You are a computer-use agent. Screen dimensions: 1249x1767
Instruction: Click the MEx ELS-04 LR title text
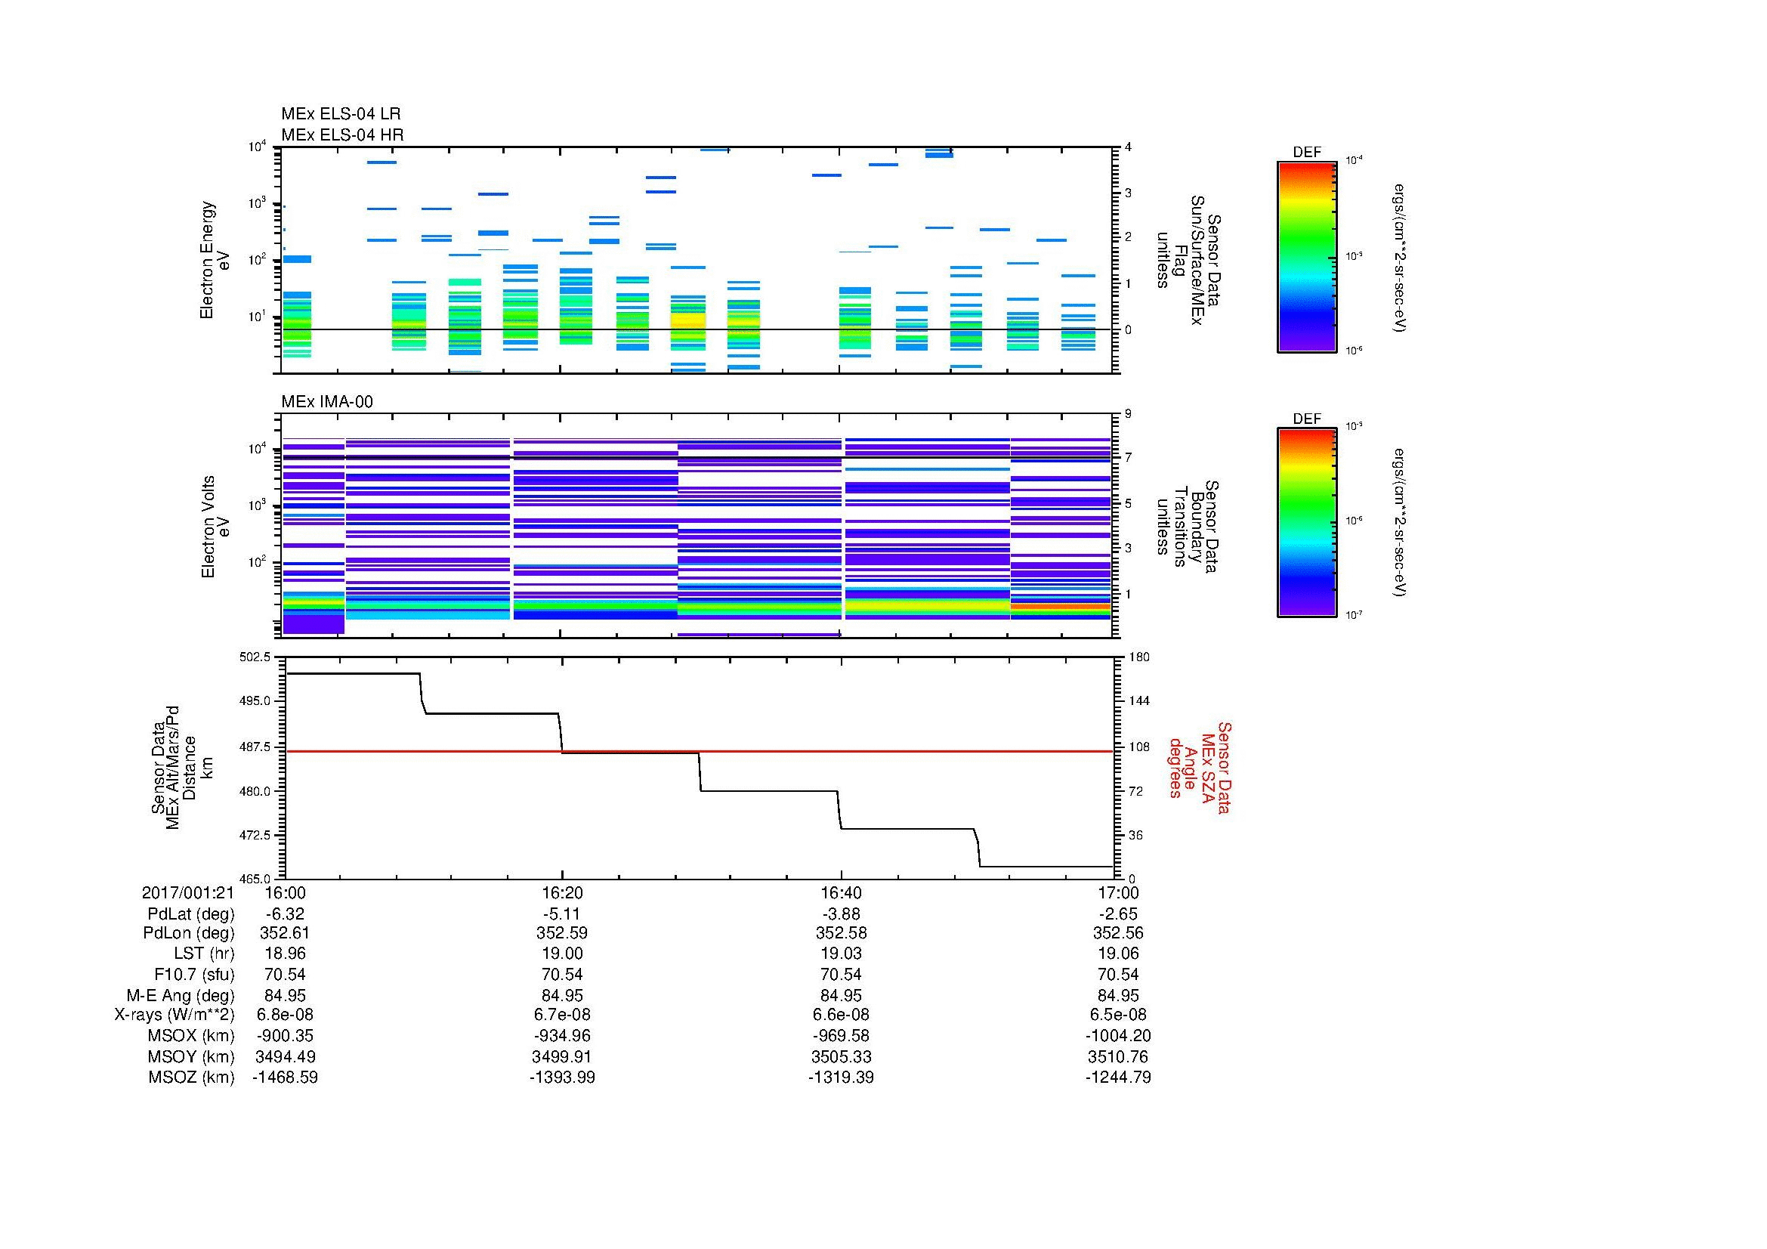(340, 114)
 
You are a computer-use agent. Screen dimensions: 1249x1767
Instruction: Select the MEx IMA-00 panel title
(327, 402)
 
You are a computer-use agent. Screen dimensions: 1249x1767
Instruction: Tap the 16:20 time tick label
(562, 892)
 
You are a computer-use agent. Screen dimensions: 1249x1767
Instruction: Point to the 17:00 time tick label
(1118, 892)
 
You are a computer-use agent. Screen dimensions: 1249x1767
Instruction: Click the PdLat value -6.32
(285, 914)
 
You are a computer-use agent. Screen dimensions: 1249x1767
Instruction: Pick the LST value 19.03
(840, 954)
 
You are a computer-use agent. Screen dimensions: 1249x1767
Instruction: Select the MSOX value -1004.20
(1118, 1036)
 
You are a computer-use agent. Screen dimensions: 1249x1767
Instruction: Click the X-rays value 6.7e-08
(562, 1015)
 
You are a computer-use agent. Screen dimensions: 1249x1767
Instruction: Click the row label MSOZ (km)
(191, 1077)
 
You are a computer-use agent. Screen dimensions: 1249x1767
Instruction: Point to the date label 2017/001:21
(188, 892)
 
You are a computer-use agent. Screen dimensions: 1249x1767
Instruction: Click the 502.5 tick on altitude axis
(255, 657)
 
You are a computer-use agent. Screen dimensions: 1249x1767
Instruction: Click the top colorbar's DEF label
(1307, 153)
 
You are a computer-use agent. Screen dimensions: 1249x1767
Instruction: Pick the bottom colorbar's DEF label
(1307, 419)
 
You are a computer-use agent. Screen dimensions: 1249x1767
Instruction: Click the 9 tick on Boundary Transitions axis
(1128, 413)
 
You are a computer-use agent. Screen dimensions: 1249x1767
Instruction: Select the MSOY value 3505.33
(840, 1056)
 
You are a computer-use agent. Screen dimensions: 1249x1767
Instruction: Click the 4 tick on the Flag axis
(1128, 147)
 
